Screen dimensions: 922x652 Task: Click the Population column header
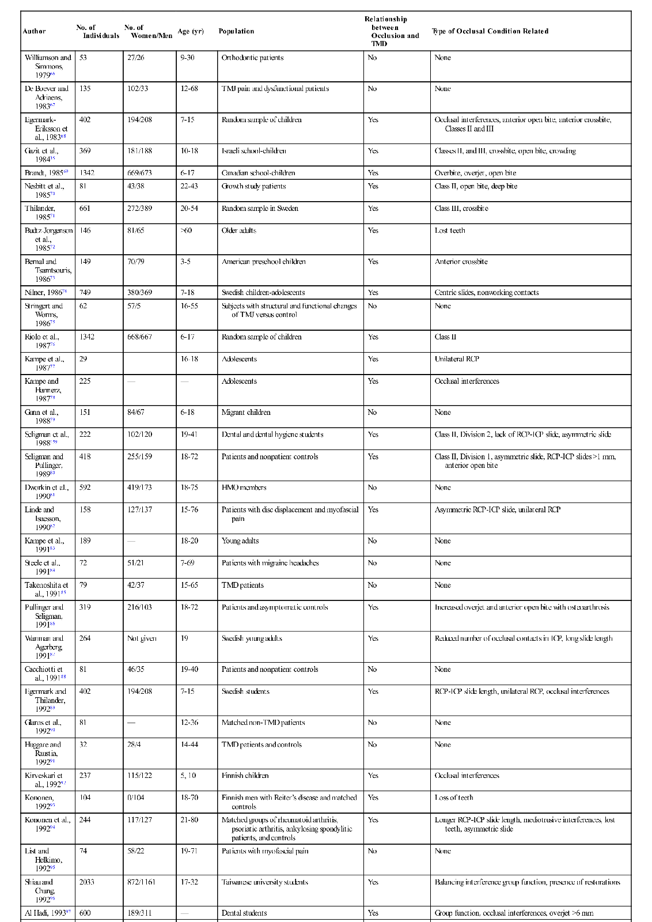coord(236,31)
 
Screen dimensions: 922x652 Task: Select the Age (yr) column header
coord(191,31)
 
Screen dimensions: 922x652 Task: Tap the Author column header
coord(34,31)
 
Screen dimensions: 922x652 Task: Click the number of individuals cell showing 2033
coord(88,882)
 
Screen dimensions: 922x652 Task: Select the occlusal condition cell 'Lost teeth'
coord(450,231)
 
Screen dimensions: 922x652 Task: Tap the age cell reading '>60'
coord(186,231)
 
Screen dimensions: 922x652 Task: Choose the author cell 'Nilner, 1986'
coord(46,293)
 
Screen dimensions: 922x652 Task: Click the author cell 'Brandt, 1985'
coord(46,173)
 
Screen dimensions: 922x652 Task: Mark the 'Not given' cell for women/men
coord(142,638)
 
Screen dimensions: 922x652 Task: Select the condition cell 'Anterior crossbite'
coord(461,262)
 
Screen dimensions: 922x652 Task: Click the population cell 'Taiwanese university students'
coord(264,882)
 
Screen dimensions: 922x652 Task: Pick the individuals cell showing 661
coord(85,209)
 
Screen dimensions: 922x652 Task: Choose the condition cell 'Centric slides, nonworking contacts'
coord(487,293)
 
